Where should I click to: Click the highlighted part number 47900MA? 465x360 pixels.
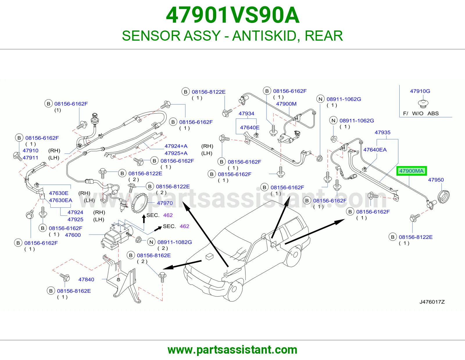tap(411, 171)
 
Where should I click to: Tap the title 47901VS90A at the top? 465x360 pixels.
tap(233, 15)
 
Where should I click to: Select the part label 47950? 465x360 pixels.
tap(436, 180)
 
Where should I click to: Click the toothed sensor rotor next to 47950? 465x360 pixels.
tap(443, 197)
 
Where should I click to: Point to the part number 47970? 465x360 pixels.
tap(165, 203)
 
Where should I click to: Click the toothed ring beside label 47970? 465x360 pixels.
tap(139, 203)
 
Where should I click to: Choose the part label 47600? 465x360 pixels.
tap(73, 235)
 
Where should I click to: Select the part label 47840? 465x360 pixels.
tap(86, 279)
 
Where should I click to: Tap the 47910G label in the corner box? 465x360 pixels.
tap(420, 91)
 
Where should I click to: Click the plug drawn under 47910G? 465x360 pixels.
tap(423, 104)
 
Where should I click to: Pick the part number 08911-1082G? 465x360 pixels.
tap(175, 242)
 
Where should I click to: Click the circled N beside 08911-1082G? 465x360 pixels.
tap(151, 242)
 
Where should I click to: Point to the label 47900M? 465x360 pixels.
tap(286, 104)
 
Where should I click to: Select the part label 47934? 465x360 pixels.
tap(246, 114)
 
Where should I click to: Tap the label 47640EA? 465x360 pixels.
tap(375, 150)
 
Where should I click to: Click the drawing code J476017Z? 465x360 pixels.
tap(432, 302)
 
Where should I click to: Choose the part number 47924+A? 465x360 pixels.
tap(176, 146)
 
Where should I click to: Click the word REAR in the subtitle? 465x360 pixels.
tap(323, 36)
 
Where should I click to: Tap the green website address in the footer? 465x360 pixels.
tap(233, 350)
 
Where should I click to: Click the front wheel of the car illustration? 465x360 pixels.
tap(234, 290)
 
